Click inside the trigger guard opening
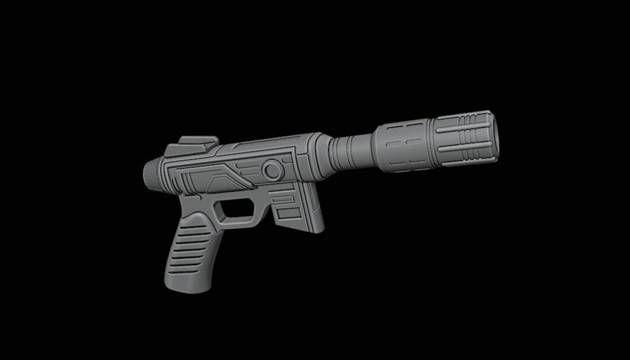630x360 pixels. (237, 209)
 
